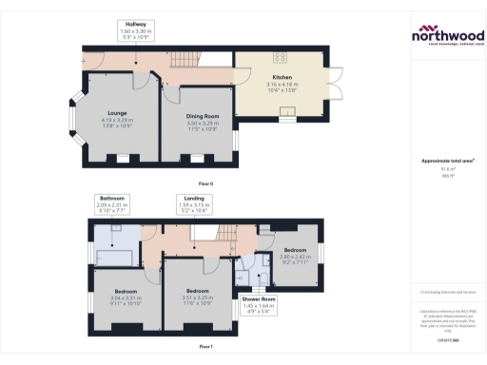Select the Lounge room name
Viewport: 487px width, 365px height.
117,112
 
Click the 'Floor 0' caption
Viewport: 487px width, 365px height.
205,182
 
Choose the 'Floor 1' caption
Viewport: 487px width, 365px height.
205,347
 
